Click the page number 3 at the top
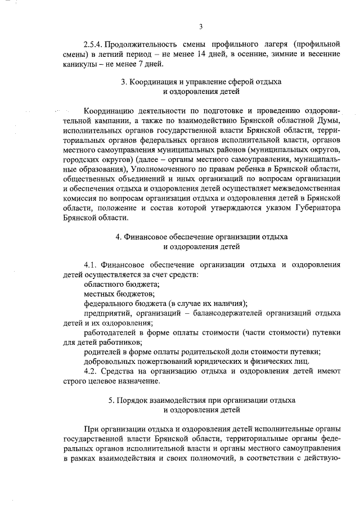(x=200, y=26)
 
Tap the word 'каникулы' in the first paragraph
(x=79, y=64)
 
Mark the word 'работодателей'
(x=112, y=333)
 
